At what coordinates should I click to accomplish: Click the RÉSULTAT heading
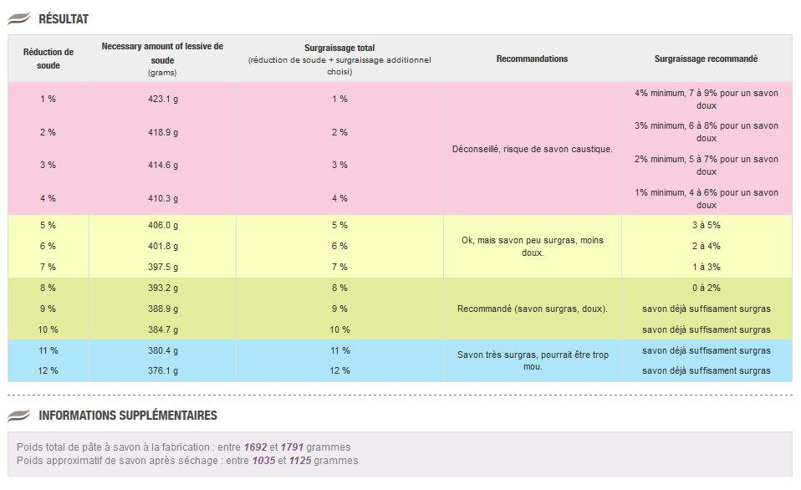tap(64, 19)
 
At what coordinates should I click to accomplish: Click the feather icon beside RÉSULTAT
tap(19, 19)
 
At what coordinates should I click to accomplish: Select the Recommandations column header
tap(532, 59)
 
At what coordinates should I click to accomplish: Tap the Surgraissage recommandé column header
tap(706, 59)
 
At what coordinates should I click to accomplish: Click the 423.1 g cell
tap(163, 100)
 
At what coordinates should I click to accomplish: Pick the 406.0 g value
tap(163, 225)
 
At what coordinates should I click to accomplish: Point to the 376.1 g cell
tap(163, 371)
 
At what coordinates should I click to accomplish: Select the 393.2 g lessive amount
tap(163, 288)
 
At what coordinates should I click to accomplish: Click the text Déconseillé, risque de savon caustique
tap(533, 149)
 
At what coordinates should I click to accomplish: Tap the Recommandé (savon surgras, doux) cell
tap(533, 309)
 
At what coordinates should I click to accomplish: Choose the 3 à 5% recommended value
tap(707, 225)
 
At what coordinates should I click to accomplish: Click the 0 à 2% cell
tap(707, 288)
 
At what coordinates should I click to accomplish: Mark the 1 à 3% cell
tap(707, 268)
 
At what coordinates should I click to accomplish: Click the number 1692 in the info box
tap(255, 447)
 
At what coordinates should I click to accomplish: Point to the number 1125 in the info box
tap(300, 461)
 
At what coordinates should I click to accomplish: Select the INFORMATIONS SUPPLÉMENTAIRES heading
tap(128, 416)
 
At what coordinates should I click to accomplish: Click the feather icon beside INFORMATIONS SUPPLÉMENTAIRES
tap(19, 416)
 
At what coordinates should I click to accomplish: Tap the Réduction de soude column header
tap(48, 59)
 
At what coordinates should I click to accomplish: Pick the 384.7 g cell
tap(163, 330)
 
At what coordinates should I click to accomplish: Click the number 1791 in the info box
tap(292, 447)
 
